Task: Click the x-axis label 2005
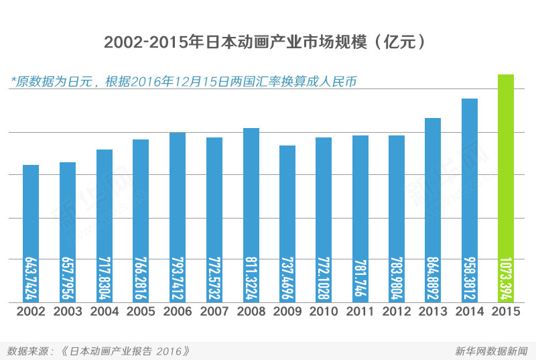point(141,312)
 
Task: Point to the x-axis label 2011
point(360,312)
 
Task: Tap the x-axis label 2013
point(433,312)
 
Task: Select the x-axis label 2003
point(67,312)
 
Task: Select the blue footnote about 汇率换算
point(183,82)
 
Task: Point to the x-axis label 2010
point(324,312)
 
